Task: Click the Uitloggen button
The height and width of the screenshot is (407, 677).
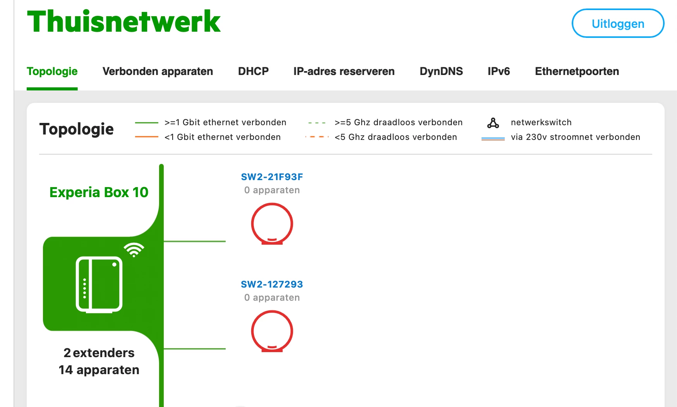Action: click(x=617, y=24)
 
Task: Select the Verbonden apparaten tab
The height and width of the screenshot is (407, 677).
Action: click(x=158, y=72)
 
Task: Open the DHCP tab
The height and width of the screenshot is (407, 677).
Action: click(x=253, y=72)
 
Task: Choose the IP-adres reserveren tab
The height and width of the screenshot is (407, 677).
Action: click(x=344, y=72)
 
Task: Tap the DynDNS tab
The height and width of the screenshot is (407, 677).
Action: click(x=441, y=72)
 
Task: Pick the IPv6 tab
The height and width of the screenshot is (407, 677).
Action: click(x=499, y=72)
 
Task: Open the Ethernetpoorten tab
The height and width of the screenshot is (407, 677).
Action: click(x=577, y=72)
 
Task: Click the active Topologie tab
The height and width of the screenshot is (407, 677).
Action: click(x=52, y=72)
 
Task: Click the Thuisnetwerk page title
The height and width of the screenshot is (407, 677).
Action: click(x=124, y=22)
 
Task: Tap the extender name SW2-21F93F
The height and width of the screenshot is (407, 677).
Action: click(x=272, y=177)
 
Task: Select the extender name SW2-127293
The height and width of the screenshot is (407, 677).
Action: click(x=272, y=284)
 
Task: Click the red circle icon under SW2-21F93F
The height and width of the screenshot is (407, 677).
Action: click(x=272, y=224)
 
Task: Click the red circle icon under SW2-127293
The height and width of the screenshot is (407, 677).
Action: click(x=272, y=331)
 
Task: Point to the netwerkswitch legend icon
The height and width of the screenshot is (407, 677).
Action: click(x=493, y=123)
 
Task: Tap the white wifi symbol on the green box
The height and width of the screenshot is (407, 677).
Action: click(x=134, y=250)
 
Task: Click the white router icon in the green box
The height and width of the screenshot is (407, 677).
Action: click(x=99, y=284)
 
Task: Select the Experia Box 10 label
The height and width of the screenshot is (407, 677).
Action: click(x=99, y=192)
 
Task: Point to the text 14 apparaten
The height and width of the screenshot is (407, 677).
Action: click(x=99, y=370)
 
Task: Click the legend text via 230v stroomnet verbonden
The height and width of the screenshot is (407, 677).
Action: click(x=575, y=137)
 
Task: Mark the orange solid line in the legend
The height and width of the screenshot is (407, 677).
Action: click(x=146, y=137)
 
